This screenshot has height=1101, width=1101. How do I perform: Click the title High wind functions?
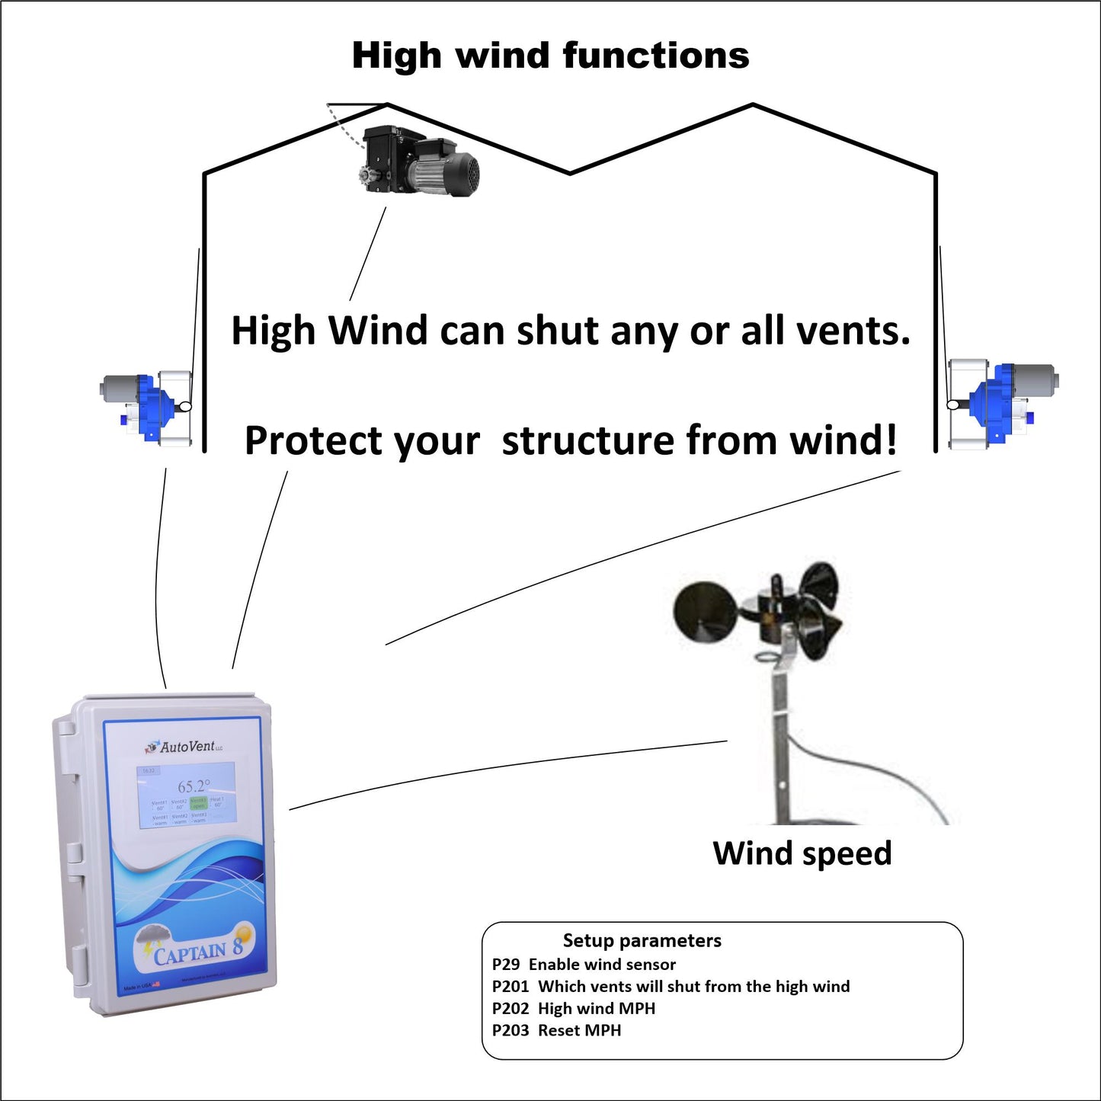550,56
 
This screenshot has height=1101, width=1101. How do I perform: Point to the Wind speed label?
802,853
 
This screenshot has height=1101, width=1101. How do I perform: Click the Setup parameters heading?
642,941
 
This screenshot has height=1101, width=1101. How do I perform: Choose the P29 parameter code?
506,965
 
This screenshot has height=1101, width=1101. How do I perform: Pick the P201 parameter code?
510,987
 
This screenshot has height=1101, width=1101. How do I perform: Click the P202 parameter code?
510,1009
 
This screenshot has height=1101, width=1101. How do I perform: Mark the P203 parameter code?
510,1031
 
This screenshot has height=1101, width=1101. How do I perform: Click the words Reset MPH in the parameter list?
580,1031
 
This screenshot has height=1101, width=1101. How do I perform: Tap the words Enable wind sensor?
602,965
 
